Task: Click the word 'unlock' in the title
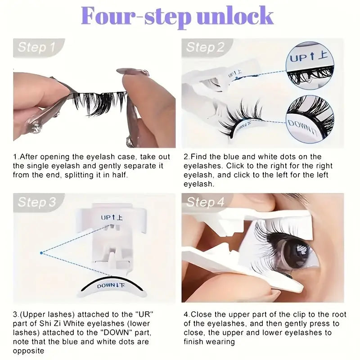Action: pos(235,16)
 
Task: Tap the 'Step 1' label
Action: pos(36,47)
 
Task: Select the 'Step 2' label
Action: pos(205,47)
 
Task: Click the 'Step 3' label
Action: pos(37,202)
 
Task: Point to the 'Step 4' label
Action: pos(205,202)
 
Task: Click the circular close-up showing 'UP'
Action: pos(310,65)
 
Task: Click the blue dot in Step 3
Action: pos(41,253)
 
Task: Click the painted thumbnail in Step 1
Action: pos(133,72)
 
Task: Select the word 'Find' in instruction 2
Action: pos(199,157)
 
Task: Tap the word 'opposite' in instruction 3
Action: pos(28,351)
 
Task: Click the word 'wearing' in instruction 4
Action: pos(221,342)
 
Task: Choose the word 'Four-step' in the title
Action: pos(136,16)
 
